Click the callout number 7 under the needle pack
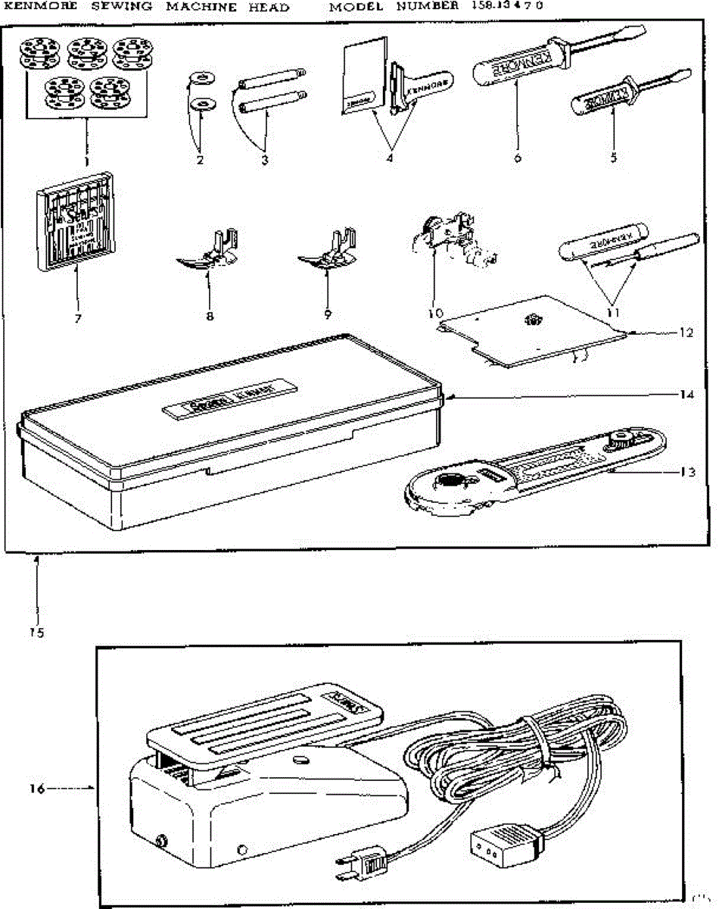pyautogui.click(x=77, y=318)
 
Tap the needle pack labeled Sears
pyautogui.click(x=70, y=220)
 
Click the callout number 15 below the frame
pyautogui.click(x=36, y=633)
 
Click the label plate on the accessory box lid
pyautogui.click(x=231, y=400)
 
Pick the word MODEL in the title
pyautogui.click(x=356, y=7)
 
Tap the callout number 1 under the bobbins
pyautogui.click(x=86, y=161)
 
